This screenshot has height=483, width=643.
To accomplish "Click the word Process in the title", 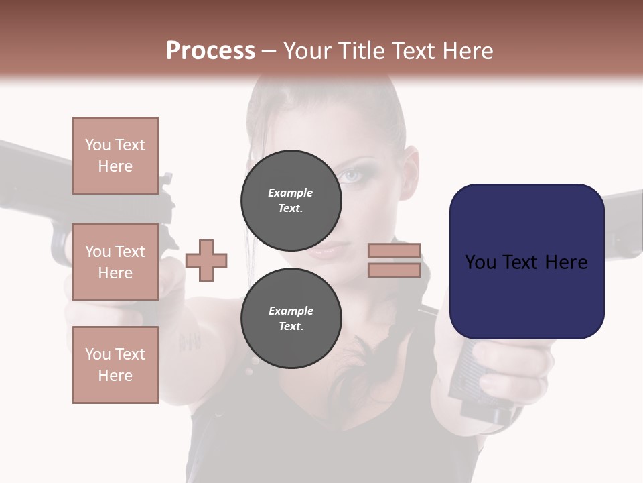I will click(210, 51).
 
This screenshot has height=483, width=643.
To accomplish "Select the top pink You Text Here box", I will click(115, 156).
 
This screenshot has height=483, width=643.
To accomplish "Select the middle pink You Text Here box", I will click(115, 262).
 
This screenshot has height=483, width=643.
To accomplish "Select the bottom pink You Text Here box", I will click(115, 364).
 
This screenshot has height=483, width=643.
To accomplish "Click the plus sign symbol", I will click(206, 260).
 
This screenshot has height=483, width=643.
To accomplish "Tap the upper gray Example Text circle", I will click(291, 200).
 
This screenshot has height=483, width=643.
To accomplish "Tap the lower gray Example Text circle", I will click(291, 318).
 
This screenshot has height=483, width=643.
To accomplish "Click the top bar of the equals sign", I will click(394, 250).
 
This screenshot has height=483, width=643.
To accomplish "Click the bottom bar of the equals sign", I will click(394, 270).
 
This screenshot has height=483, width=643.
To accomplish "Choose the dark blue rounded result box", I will click(526, 261).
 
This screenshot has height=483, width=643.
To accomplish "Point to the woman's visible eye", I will click(352, 176).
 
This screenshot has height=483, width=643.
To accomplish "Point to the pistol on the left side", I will click(40, 174).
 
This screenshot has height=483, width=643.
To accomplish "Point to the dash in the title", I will click(269, 51).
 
